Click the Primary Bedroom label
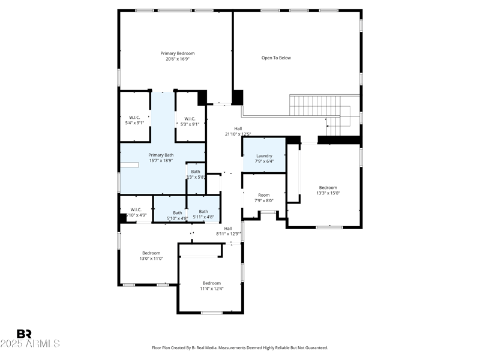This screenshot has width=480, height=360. coord(177,53)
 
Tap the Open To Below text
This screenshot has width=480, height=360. coord(276,58)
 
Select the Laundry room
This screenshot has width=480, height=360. coord(264,156)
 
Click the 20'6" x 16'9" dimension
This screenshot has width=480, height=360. coord(177,59)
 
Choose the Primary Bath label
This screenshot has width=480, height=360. coord(161,155)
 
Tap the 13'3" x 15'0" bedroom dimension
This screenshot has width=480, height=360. coord(328,193)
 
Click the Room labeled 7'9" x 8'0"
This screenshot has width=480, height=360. coord(264,195)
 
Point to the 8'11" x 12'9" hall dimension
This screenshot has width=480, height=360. coord(228,234)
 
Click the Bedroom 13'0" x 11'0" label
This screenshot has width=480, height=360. coord(151,253)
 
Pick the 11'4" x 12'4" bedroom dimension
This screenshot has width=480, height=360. coord(211,289)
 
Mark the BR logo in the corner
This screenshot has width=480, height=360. coord(24,334)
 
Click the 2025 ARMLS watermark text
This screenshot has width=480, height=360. coord(30,344)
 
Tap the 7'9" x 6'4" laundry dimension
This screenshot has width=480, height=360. coord(264,161)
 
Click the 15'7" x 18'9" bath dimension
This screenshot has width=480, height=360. coord(161,161)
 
